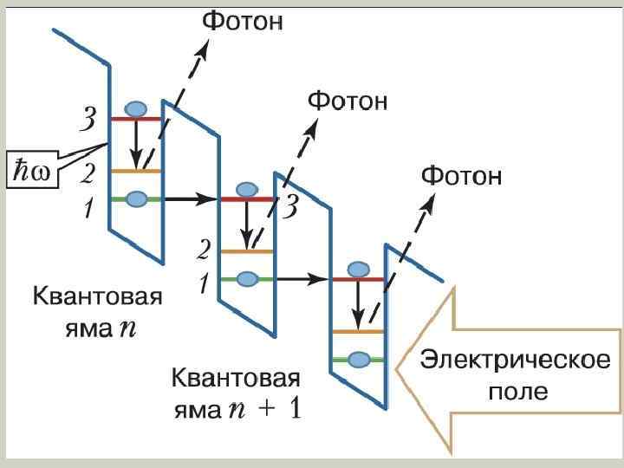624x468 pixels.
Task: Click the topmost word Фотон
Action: coord(243,22)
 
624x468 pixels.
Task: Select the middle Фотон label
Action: coord(348,101)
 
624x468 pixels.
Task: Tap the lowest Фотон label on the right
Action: coord(462,178)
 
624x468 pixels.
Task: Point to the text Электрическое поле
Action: coord(515,374)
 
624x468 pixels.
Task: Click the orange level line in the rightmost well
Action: coord(359,331)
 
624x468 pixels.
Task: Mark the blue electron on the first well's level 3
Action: coord(136,109)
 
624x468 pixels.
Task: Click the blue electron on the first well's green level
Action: coord(136,199)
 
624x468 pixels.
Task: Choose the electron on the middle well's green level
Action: coord(248,278)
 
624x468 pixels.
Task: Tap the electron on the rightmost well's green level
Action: coord(359,359)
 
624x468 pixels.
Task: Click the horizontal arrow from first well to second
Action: coord(191,199)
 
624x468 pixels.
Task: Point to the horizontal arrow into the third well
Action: coord(303,279)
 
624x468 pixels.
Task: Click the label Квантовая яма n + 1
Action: coord(236,393)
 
